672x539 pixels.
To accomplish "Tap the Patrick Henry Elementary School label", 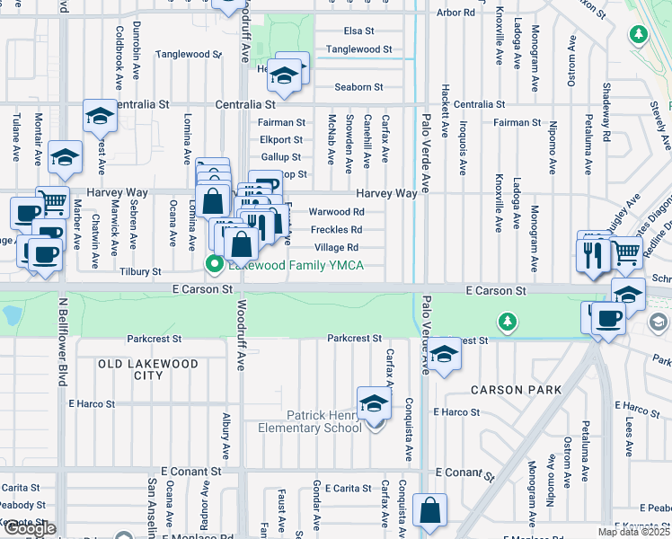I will [323, 421].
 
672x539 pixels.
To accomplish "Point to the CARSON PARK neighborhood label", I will [517, 390].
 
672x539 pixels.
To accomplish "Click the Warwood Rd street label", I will [336, 212].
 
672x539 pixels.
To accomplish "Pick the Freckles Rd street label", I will [336, 230].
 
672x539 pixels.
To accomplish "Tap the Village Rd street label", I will [336, 247].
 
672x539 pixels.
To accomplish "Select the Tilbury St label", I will [140, 271].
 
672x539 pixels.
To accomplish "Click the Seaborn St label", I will [358, 87].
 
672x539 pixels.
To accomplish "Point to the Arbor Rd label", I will [455, 13].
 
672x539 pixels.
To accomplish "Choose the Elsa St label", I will [358, 31].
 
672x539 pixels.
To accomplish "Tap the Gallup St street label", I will [279, 157].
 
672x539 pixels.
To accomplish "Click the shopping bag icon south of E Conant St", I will [430, 509].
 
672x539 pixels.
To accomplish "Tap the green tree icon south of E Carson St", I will [508, 321].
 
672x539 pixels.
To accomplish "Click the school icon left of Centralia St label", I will [100, 114].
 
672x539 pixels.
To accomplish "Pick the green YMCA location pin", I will [214, 264].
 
